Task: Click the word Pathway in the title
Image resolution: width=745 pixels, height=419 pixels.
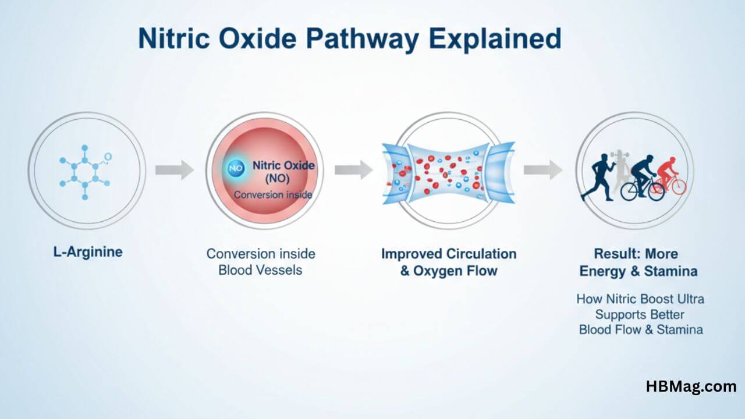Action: [x=364, y=39]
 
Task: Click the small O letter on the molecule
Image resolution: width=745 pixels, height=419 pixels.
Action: [x=108, y=157]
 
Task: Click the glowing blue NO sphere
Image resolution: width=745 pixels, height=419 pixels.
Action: [x=236, y=168]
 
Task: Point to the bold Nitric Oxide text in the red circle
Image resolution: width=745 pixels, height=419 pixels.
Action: [x=283, y=166]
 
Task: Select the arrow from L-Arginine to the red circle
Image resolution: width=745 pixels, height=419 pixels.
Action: [x=174, y=170]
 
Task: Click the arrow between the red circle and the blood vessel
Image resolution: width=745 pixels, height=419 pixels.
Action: [x=353, y=170]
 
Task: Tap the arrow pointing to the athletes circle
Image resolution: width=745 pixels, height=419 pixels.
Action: [x=542, y=170]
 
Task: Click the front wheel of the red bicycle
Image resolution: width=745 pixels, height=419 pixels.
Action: [x=677, y=187]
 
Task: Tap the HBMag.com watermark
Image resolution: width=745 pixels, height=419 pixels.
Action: [x=690, y=386]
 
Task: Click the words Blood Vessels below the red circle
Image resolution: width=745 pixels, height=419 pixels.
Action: [x=260, y=270]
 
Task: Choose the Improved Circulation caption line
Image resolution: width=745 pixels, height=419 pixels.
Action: [x=449, y=254]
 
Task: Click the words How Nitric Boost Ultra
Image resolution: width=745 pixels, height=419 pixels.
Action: [x=640, y=299]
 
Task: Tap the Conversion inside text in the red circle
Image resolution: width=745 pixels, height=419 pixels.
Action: [x=273, y=195]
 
